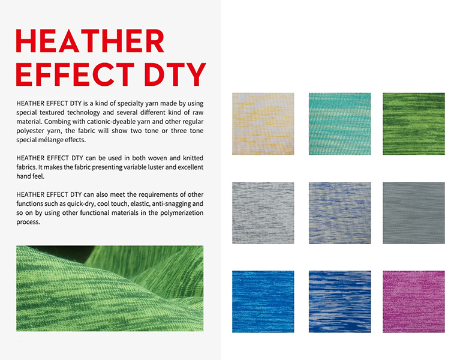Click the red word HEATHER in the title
[90, 41]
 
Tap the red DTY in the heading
[175, 74]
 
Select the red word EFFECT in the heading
[75, 74]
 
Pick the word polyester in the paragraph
[29, 131]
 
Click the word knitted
[193, 158]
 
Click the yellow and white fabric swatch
[263, 124]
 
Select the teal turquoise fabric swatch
[340, 124]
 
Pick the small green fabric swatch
[414, 124]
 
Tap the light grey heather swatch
[263, 213]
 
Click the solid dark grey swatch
[414, 213]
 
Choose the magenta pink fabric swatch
[414, 302]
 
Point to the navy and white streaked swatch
[340, 302]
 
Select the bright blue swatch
[263, 302]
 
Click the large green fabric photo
[110, 289]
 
